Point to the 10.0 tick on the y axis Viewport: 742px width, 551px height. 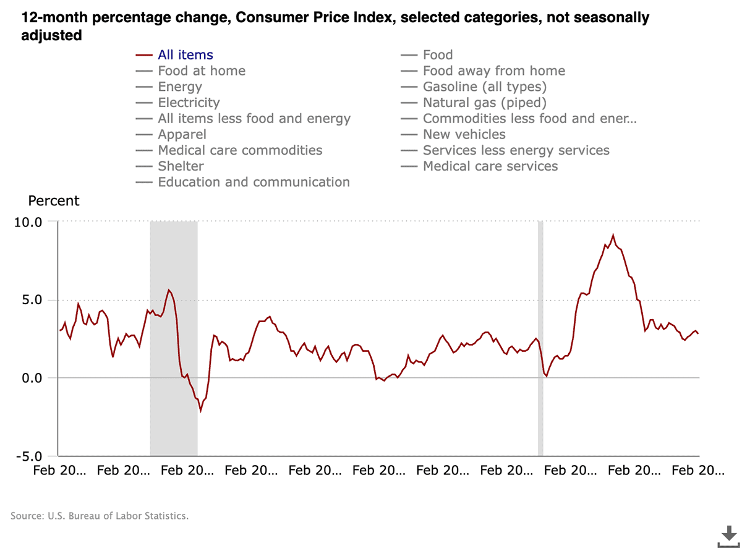[x=27, y=221]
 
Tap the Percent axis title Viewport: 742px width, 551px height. [x=54, y=200]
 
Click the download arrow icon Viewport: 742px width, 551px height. [x=728, y=536]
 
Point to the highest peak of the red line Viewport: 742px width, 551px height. [x=613, y=235]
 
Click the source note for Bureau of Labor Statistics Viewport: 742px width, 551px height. [x=100, y=515]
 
